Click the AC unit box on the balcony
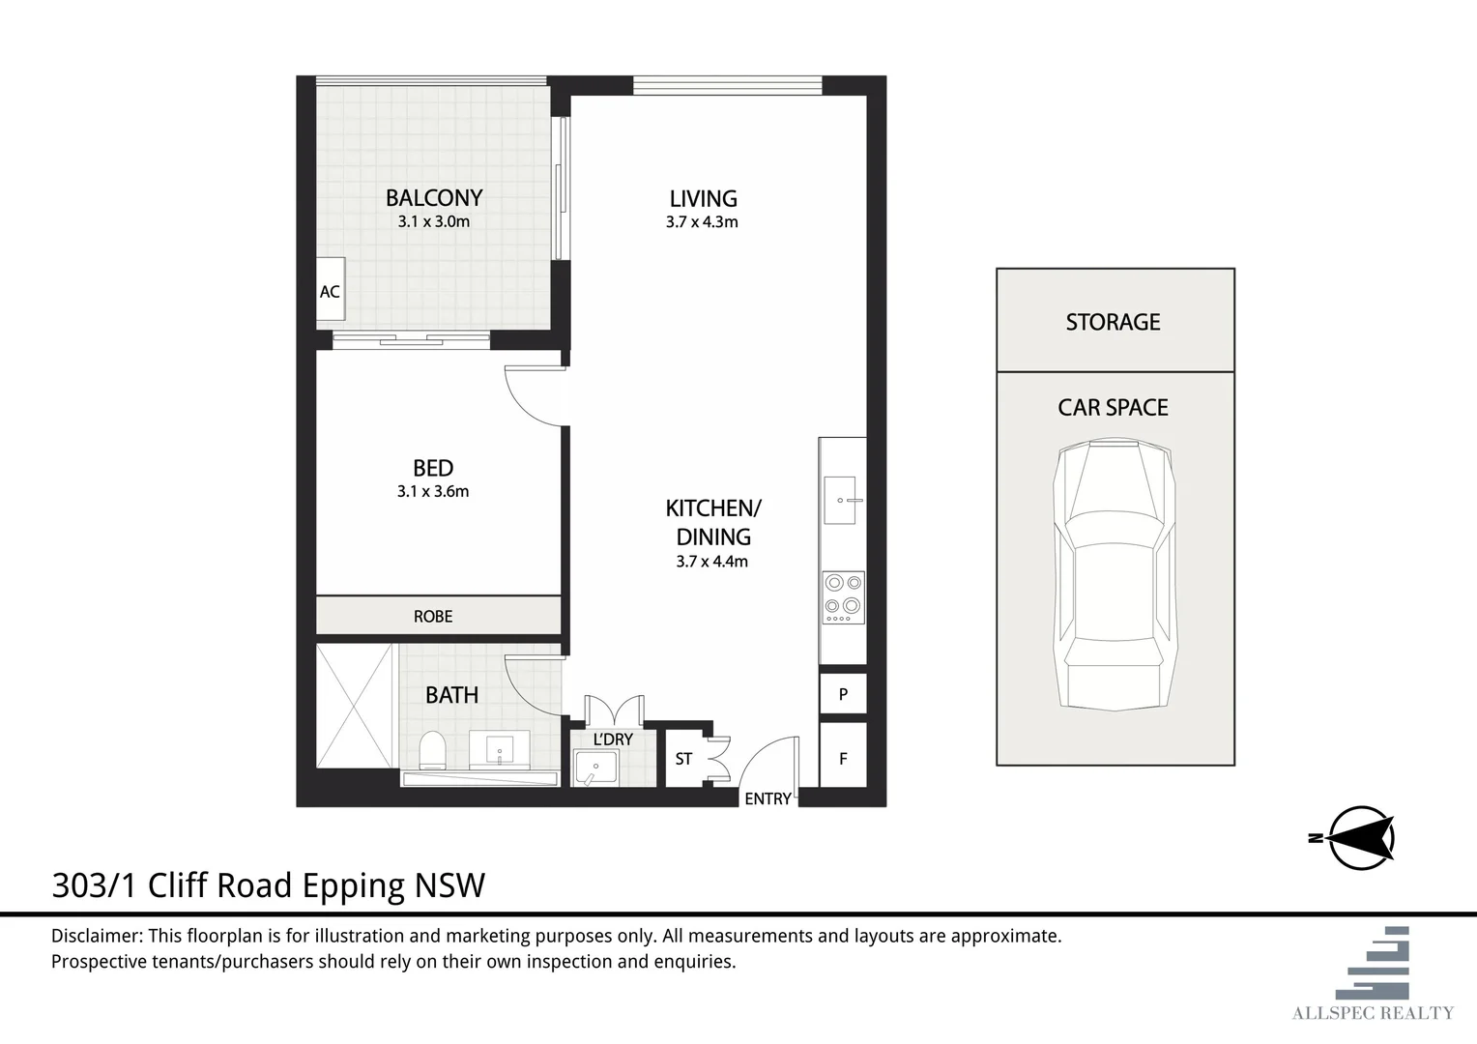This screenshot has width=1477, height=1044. tap(331, 289)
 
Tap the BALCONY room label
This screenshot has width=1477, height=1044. tap(434, 198)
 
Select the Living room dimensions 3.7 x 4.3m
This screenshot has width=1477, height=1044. tap(702, 222)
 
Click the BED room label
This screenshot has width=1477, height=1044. tap(433, 468)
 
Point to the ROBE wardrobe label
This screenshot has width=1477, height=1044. tap(433, 617)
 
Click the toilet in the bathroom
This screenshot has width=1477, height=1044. tap(432, 750)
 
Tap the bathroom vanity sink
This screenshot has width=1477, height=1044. tap(499, 748)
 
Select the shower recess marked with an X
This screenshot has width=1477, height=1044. tap(355, 707)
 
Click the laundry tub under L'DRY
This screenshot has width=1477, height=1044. tap(595, 768)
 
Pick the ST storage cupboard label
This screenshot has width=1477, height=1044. tap(683, 759)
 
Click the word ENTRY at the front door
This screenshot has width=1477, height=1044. tap(767, 798)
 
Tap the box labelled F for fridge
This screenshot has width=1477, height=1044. tap(843, 755)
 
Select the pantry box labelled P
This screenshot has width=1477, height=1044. tap(843, 693)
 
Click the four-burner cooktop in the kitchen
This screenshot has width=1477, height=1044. tap(843, 597)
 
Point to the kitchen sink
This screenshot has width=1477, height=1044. tap(841, 501)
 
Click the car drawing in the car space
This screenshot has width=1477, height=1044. tap(1115, 574)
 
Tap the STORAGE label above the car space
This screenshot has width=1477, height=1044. tap(1113, 322)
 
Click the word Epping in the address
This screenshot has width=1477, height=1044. tap(353, 885)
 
